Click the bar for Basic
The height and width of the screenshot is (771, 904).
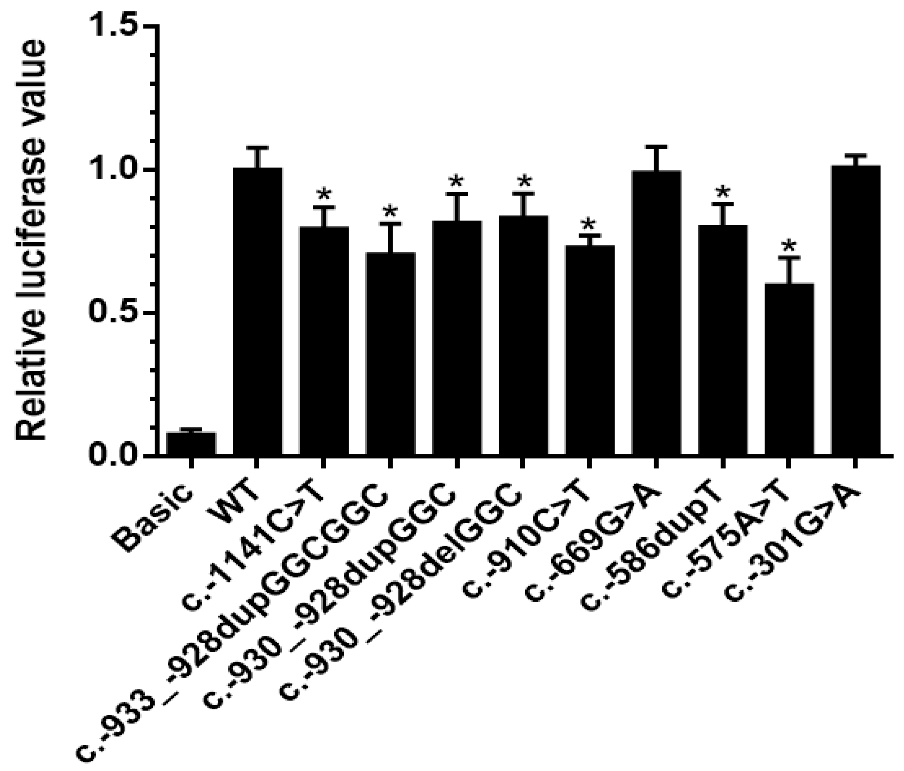pos(191,444)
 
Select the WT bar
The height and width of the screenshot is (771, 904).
pos(257,312)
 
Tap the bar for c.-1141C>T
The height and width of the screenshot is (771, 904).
pos(324,341)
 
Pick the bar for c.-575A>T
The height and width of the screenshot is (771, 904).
pos(789,370)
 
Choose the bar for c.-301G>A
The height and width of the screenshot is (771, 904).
pos(855,311)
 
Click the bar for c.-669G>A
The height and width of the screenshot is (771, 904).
pos(656,314)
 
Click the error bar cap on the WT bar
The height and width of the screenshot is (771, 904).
pos(257,147)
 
